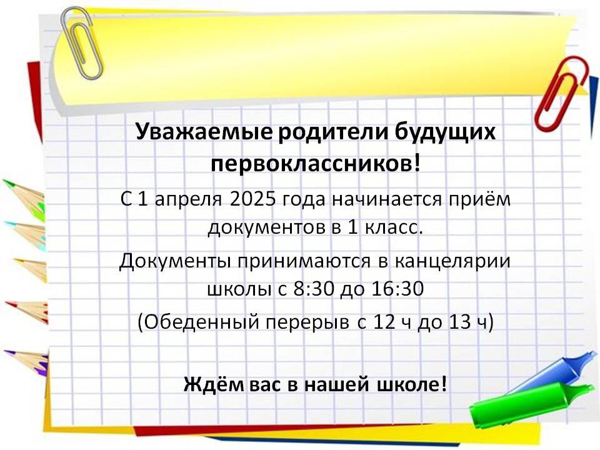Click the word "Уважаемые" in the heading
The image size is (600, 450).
[204, 132]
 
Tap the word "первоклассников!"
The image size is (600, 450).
[316, 164]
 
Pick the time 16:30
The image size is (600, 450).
[397, 289]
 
